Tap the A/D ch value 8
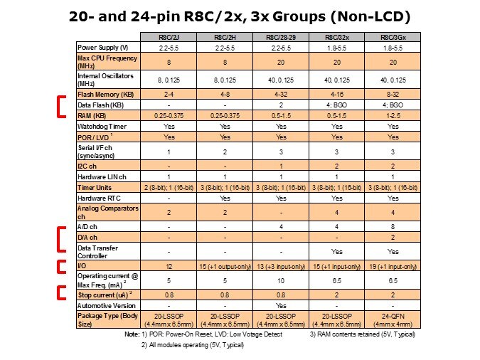tap(392, 224)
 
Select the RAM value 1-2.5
tap(392, 115)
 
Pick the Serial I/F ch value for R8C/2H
tap(225, 152)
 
